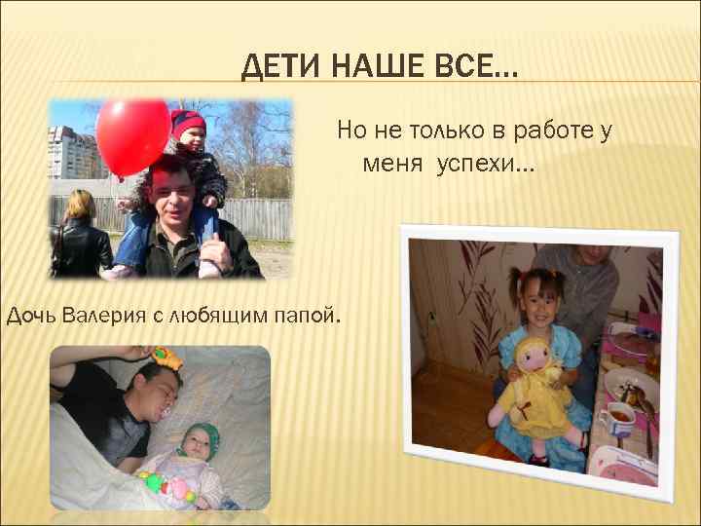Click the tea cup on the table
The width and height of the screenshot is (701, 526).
click(x=618, y=422)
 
